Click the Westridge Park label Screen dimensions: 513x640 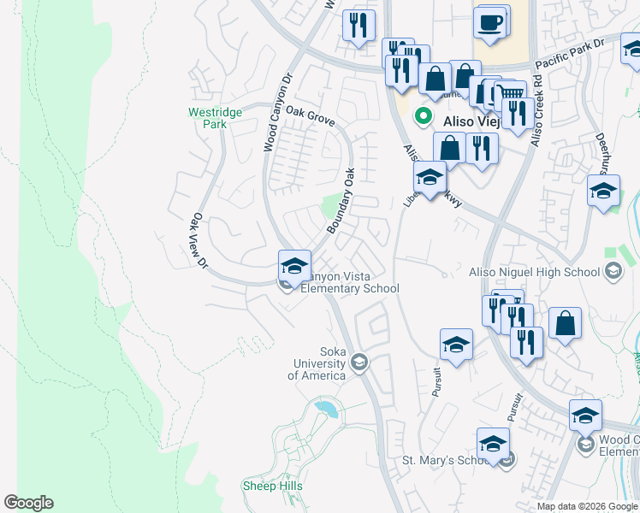208,117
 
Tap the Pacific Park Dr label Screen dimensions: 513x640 570,54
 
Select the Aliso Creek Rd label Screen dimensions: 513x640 536,109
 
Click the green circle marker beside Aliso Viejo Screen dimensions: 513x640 421,115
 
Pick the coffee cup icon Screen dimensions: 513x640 490,23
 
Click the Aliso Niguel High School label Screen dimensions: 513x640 535,273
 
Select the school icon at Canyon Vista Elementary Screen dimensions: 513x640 293,266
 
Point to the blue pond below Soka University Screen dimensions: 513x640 326,408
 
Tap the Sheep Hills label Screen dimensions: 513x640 272,486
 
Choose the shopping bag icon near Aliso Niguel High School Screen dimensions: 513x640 565,324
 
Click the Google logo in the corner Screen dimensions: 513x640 28,503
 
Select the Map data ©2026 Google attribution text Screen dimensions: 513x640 587,506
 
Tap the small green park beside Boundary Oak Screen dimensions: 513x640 330,204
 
